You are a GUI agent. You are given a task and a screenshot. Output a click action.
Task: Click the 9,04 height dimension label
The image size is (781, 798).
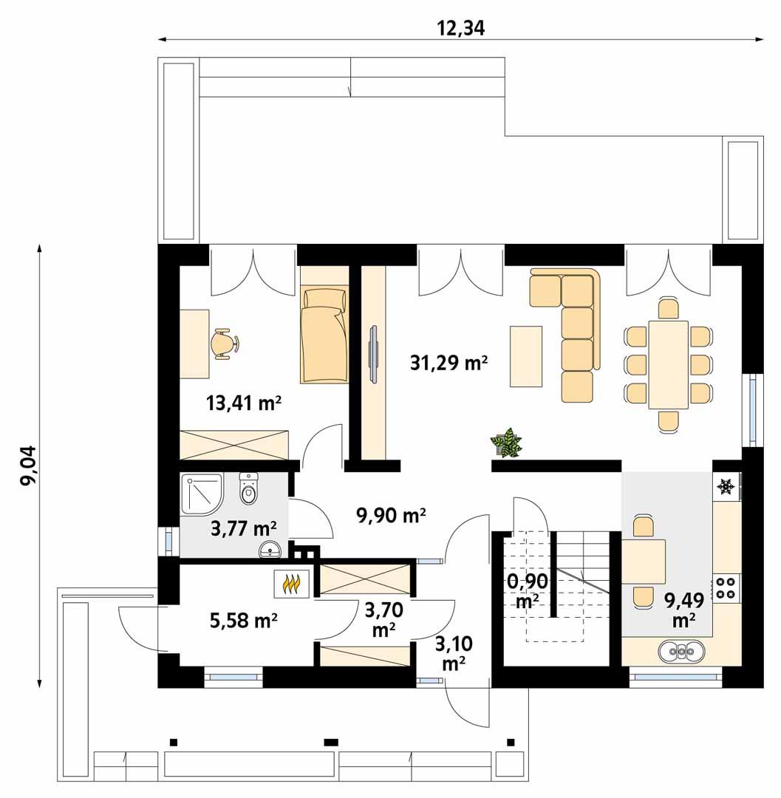(x=30, y=470)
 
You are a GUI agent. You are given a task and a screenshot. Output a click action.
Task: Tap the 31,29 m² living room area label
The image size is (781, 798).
(x=449, y=363)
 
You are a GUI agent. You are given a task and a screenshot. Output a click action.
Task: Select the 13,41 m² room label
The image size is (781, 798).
(x=245, y=403)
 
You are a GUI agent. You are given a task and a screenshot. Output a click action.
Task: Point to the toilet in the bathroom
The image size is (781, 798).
(x=248, y=491)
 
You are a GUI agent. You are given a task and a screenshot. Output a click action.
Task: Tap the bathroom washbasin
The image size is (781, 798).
(x=270, y=550)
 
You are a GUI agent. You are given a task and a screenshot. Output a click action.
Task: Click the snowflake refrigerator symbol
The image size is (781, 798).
(x=726, y=487)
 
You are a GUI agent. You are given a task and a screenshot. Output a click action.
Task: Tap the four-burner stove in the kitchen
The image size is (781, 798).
(x=726, y=587)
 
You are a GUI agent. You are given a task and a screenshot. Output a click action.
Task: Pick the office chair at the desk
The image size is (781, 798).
(x=222, y=344)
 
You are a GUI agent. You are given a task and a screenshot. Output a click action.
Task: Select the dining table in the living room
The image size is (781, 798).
(x=668, y=364)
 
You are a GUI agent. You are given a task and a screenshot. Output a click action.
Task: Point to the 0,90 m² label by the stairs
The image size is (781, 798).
(x=528, y=591)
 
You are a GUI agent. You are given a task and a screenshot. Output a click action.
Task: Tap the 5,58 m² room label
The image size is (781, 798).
(x=244, y=621)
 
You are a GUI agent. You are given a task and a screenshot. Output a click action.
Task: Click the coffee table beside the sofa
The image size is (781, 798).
(x=526, y=356)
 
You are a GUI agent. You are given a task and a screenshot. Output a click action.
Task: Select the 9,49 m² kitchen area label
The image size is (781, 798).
(x=684, y=609)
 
